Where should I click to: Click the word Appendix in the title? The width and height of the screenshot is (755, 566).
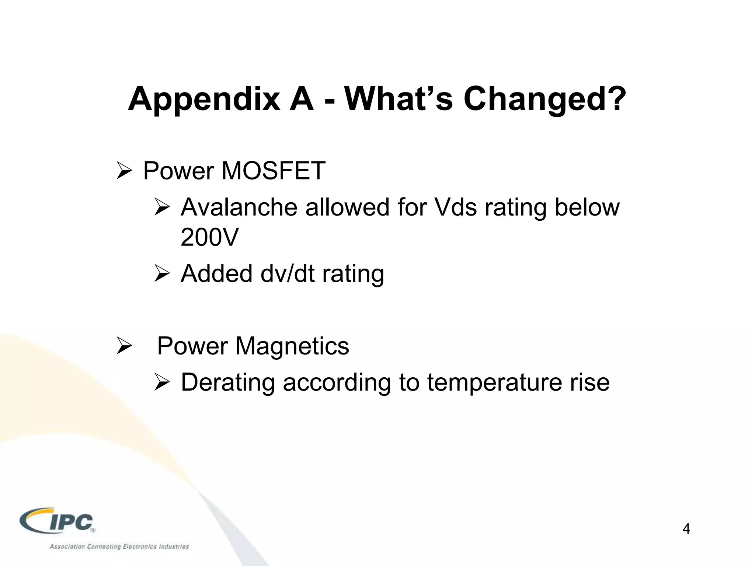pyautogui.click(x=204, y=99)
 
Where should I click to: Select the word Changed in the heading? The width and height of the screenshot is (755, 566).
pyautogui.click(x=531, y=99)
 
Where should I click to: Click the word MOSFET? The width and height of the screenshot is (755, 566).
pyautogui.click(x=273, y=171)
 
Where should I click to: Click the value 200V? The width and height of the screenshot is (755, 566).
pyautogui.click(x=210, y=237)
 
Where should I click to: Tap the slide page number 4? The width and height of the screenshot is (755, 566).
pyautogui.click(x=686, y=529)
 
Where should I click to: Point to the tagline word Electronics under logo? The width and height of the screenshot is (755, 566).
pyautogui.click(x=139, y=546)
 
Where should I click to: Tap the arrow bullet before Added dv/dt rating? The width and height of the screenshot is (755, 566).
pyautogui.click(x=162, y=274)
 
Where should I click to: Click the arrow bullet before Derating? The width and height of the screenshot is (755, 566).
pyautogui.click(x=162, y=382)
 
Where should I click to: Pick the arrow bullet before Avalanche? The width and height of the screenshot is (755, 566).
pyautogui.click(x=162, y=207)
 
